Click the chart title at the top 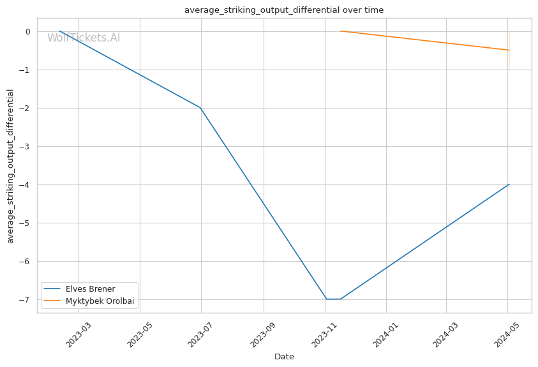point(284,10)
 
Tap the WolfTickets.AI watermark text point(84,38)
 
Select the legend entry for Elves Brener point(90,289)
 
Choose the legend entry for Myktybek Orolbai point(100,301)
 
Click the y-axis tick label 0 point(28,31)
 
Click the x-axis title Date point(284,357)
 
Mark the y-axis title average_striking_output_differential point(10,166)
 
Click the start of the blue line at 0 point(60,31)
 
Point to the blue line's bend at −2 point(200,107)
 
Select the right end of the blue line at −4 point(509,184)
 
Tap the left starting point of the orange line point(341,31)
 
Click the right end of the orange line point(509,50)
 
